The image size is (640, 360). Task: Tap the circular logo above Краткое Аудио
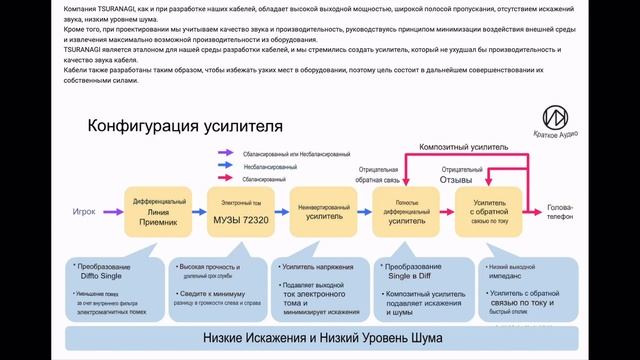pos(555,117)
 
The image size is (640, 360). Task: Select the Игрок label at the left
pos(84,212)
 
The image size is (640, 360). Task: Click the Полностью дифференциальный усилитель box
pos(406,212)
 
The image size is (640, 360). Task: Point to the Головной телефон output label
pos(560,213)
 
